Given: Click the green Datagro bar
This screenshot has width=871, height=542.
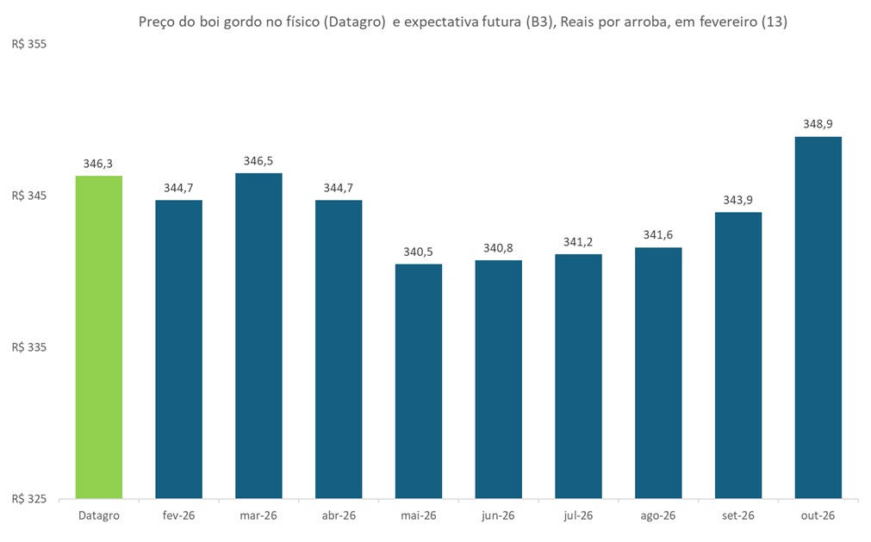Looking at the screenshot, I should [x=99, y=337].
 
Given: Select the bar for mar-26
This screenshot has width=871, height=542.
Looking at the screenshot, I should [x=258, y=336].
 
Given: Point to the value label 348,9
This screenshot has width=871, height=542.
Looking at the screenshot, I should [x=818, y=125].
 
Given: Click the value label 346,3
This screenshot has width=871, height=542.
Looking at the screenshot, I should [x=99, y=164].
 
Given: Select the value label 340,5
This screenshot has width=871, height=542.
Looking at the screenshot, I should [x=419, y=252].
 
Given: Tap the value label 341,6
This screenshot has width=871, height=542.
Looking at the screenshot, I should [x=658, y=235].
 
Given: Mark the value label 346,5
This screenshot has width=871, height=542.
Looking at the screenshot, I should [x=258, y=161].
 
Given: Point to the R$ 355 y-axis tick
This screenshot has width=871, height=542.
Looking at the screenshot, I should [x=28, y=45].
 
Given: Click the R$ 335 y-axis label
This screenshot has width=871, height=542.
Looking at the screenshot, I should [x=28, y=347].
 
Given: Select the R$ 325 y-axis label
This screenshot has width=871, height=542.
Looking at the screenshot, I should [x=28, y=499].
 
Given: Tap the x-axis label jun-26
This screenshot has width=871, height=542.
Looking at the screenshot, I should [x=498, y=515].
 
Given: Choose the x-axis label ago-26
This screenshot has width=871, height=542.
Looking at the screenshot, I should [x=658, y=515].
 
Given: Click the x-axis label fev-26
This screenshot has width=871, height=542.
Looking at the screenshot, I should [x=179, y=515].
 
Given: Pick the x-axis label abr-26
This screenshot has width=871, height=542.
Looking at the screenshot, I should [x=339, y=515].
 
